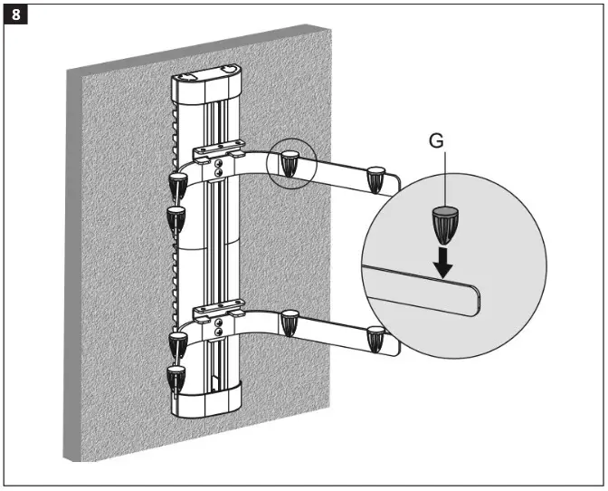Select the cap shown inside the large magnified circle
tap(444, 220)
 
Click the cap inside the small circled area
tap(290, 166)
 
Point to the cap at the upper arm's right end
tap(375, 178)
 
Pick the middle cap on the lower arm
tap(290, 323)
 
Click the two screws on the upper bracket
tap(218, 170)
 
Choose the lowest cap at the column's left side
tap(176, 377)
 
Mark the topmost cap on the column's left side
tap(178, 187)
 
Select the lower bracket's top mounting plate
tap(218, 312)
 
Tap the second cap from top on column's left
tap(176, 219)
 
